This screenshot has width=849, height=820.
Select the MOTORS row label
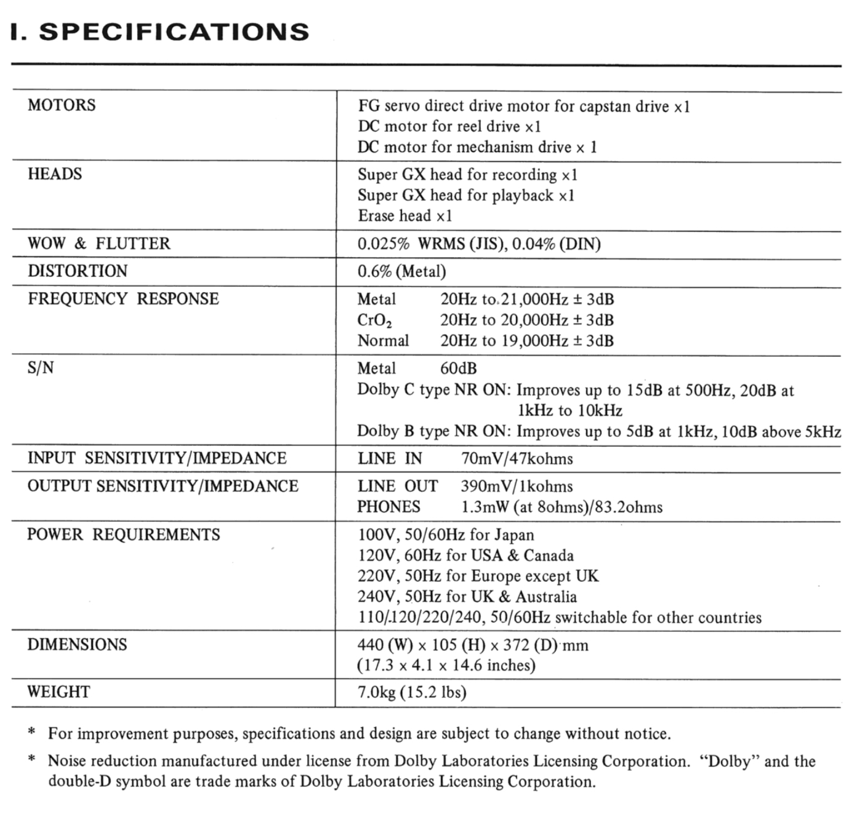point(62,105)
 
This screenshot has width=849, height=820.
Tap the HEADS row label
point(55,174)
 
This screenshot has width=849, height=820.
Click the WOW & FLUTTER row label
point(99,244)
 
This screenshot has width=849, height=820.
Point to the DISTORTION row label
point(78,271)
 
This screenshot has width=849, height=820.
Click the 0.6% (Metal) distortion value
point(401,271)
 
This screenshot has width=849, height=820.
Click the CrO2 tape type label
point(374,320)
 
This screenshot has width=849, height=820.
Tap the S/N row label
point(41,368)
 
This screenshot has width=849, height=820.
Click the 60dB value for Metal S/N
point(458,368)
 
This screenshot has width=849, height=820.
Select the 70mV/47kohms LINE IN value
point(517,459)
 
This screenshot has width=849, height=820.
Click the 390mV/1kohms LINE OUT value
point(517,487)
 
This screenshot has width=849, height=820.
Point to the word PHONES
point(389,507)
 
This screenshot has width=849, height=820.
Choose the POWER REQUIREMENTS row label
point(123,535)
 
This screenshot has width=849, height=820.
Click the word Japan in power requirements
point(513,535)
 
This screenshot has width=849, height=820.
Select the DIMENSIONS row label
point(77,645)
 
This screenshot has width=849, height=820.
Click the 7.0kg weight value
point(376,693)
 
